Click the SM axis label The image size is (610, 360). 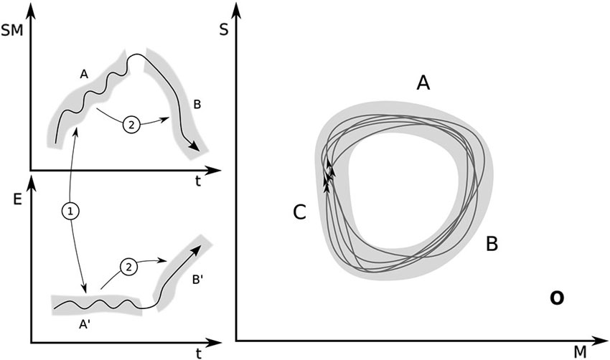point(12,30)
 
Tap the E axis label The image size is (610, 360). point(17,199)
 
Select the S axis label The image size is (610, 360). point(224,29)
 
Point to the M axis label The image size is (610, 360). point(580,352)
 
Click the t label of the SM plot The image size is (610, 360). point(198,181)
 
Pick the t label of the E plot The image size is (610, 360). point(199,353)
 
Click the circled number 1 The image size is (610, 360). point(70,212)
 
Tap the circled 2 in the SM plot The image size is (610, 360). point(131,125)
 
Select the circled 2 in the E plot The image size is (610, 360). point(129,267)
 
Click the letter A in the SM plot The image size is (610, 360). point(84,74)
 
